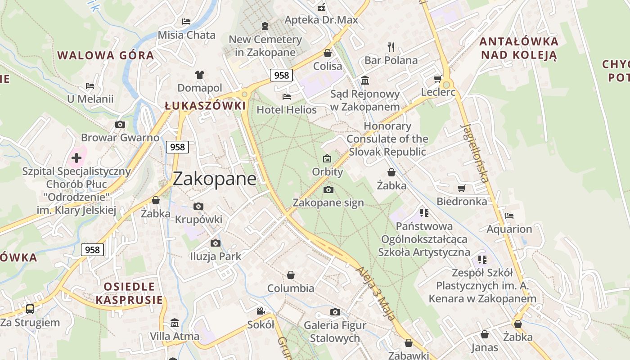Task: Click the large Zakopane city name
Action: tap(215, 179)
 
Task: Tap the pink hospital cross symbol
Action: tap(76, 158)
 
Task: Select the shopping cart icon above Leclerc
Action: tap(437, 79)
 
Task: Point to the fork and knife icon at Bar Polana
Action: tap(391, 46)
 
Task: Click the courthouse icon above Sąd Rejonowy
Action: tap(365, 81)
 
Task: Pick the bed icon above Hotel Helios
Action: tap(286, 96)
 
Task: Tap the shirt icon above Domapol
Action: tap(200, 74)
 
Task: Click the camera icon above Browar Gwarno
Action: tap(120, 124)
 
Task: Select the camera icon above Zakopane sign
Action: tap(328, 189)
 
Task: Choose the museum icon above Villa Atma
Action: tap(175, 323)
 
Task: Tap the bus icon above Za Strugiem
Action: tap(30, 309)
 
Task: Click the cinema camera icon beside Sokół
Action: tap(261, 311)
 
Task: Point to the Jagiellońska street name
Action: tap(475, 153)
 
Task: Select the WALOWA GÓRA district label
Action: tap(106, 56)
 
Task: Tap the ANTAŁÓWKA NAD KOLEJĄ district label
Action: tap(519, 48)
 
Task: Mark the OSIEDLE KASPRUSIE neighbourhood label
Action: tap(129, 293)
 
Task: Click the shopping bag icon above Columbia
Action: tap(291, 274)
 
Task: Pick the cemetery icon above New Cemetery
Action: tap(265, 26)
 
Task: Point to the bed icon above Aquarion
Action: tap(509, 216)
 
